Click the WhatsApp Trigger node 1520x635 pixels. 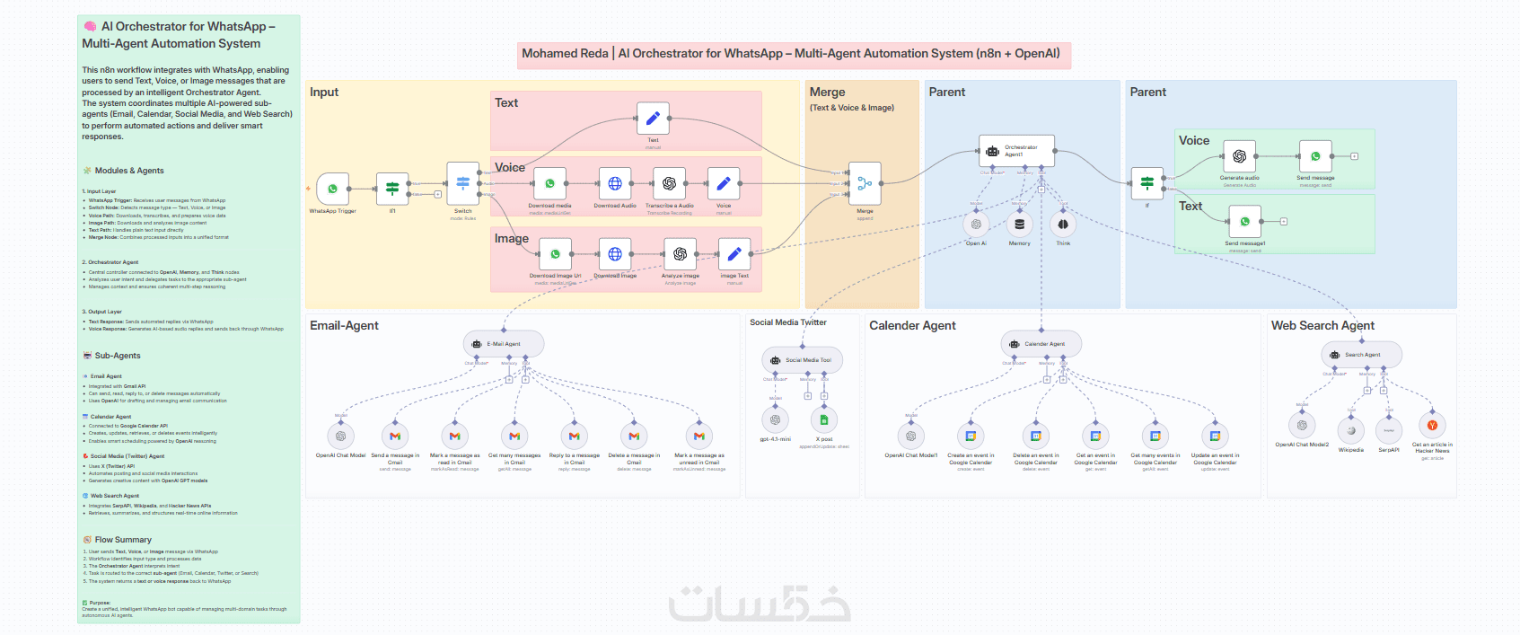tap(332, 189)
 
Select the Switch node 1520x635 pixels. tap(462, 183)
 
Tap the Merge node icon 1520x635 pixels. tap(865, 183)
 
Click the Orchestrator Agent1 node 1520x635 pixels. tap(1016, 151)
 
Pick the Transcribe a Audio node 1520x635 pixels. tap(669, 183)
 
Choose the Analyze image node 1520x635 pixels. tap(680, 254)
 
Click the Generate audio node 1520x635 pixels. tap(1239, 156)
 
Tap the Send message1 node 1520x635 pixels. tap(1244, 221)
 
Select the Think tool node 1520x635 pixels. tap(1063, 224)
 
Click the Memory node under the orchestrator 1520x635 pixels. tap(1019, 224)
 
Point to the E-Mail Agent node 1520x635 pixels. tap(504, 344)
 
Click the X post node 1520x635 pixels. tap(823, 419)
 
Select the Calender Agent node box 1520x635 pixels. tap(1041, 344)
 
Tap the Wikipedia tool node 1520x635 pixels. tap(1350, 430)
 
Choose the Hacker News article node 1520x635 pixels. tap(1432, 426)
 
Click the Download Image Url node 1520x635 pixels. tap(555, 254)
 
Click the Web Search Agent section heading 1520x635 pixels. tap(1322, 325)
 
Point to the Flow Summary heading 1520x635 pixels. tap(123, 540)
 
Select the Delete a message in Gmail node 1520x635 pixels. tap(634, 437)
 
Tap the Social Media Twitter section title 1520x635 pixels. tap(788, 322)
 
